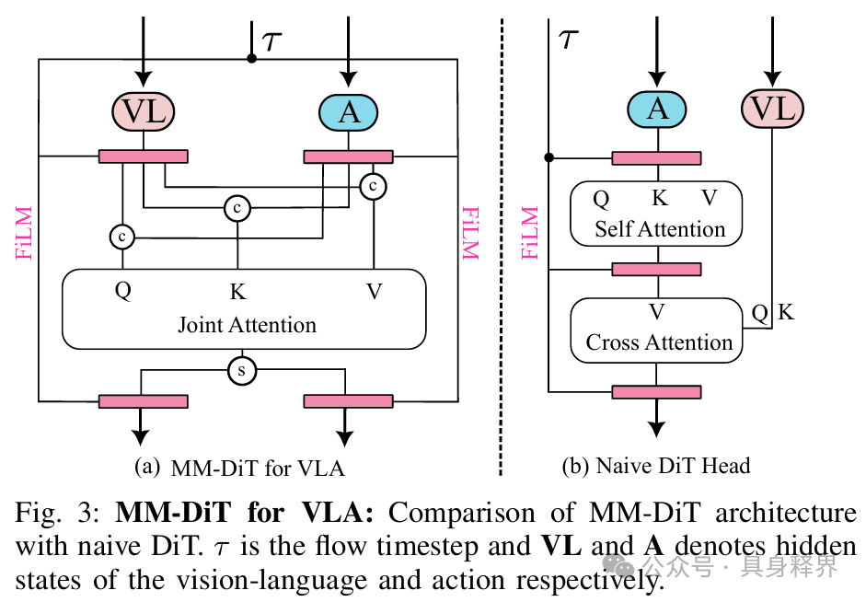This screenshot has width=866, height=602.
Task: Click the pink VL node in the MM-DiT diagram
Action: click(143, 111)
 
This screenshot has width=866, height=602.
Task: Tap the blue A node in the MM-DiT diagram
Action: click(348, 112)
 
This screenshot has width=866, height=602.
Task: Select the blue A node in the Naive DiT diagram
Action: click(657, 109)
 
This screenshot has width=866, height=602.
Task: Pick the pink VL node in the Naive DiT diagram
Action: click(772, 109)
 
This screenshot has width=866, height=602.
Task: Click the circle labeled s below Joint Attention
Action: click(242, 370)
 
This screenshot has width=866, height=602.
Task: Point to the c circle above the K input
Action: click(237, 208)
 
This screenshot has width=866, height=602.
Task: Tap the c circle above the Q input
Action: click(122, 237)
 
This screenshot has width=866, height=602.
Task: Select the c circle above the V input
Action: click(374, 186)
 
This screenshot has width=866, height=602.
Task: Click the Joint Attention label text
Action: click(247, 325)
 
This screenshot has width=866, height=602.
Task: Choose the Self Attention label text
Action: click(660, 229)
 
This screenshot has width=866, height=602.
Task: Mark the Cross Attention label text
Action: click(659, 342)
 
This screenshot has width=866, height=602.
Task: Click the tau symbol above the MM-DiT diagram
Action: click(271, 41)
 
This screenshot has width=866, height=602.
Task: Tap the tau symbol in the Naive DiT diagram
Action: click(568, 39)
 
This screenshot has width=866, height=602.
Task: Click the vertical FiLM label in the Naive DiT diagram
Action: click(530, 233)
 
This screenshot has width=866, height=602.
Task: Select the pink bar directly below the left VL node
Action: click(143, 156)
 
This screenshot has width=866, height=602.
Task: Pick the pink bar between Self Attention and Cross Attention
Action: click(657, 270)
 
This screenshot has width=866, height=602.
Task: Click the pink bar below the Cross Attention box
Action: click(657, 392)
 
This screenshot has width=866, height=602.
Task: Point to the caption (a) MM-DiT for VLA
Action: click(239, 469)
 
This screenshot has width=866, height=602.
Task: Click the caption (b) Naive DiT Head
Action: click(656, 466)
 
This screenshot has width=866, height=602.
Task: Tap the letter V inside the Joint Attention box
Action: click(375, 291)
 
